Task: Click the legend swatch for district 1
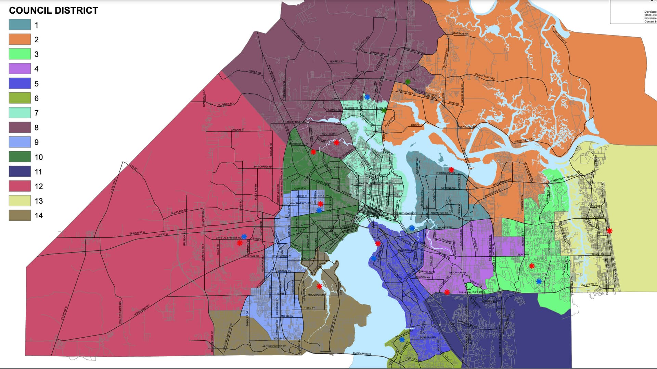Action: [x=20, y=25]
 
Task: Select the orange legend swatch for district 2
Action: [x=20, y=39]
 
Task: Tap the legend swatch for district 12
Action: [x=20, y=186]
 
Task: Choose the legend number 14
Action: [x=39, y=216]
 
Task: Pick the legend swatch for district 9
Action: [x=20, y=142]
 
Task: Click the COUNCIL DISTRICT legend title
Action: [x=53, y=11]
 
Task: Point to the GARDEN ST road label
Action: [x=237, y=130]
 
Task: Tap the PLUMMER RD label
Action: [x=226, y=104]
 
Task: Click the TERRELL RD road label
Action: [x=337, y=61]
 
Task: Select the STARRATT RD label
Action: [x=460, y=34]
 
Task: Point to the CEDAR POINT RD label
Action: [x=485, y=77]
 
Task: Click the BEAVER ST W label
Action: [x=137, y=233]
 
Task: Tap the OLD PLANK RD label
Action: [x=179, y=211]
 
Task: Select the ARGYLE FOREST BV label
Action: [x=274, y=346]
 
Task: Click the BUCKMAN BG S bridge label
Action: [x=362, y=353]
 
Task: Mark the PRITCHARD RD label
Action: [x=263, y=167]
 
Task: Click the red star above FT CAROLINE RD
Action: [x=451, y=169]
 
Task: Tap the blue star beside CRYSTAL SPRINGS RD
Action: [x=244, y=236]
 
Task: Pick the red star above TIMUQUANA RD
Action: [x=319, y=286]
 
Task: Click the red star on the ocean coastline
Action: [x=609, y=231]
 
